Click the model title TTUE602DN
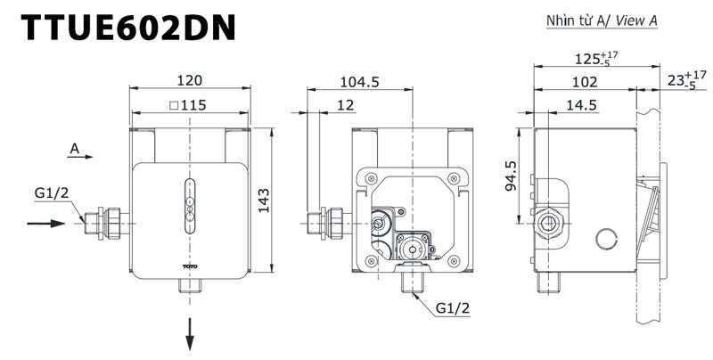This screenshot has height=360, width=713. pyautogui.click(x=128, y=29)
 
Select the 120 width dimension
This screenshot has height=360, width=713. pyautogui.click(x=190, y=80)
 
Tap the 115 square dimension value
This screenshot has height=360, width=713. pyautogui.click(x=188, y=105)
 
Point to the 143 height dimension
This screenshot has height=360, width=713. pyautogui.click(x=264, y=200)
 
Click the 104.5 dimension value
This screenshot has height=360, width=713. pyautogui.click(x=360, y=82)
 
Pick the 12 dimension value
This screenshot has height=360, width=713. pyautogui.click(x=346, y=105)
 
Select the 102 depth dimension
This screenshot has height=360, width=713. pyautogui.click(x=585, y=82)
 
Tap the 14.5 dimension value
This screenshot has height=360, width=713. pyautogui.click(x=581, y=105)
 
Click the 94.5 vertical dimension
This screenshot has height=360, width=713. pyautogui.click(x=512, y=176)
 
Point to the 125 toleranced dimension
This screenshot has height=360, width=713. pyautogui.click(x=596, y=59)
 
